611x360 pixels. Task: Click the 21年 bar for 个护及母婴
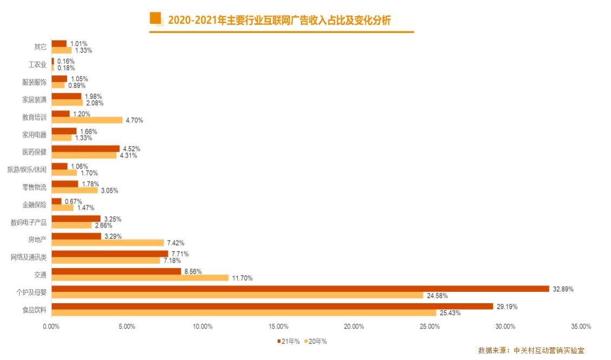300,289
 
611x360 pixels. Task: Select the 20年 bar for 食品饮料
244,313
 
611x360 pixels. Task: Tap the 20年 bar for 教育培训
88,120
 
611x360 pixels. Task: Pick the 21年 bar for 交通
117,271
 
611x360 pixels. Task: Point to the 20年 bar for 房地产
108,243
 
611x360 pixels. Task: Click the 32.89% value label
563,289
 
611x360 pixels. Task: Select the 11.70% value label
243,278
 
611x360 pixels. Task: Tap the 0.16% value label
66,61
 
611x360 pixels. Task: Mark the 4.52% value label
132,149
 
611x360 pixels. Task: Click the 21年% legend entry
288,341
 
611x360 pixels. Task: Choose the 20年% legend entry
315,341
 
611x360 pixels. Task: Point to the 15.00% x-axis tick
279,326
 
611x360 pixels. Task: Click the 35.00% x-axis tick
581,326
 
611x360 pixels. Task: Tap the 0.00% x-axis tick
51,326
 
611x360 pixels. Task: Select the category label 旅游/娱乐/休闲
27,170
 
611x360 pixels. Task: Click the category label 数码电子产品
29,222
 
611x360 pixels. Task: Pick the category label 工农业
37,64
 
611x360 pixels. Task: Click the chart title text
279,21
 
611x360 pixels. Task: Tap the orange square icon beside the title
156,18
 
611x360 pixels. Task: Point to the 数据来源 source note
531,350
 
